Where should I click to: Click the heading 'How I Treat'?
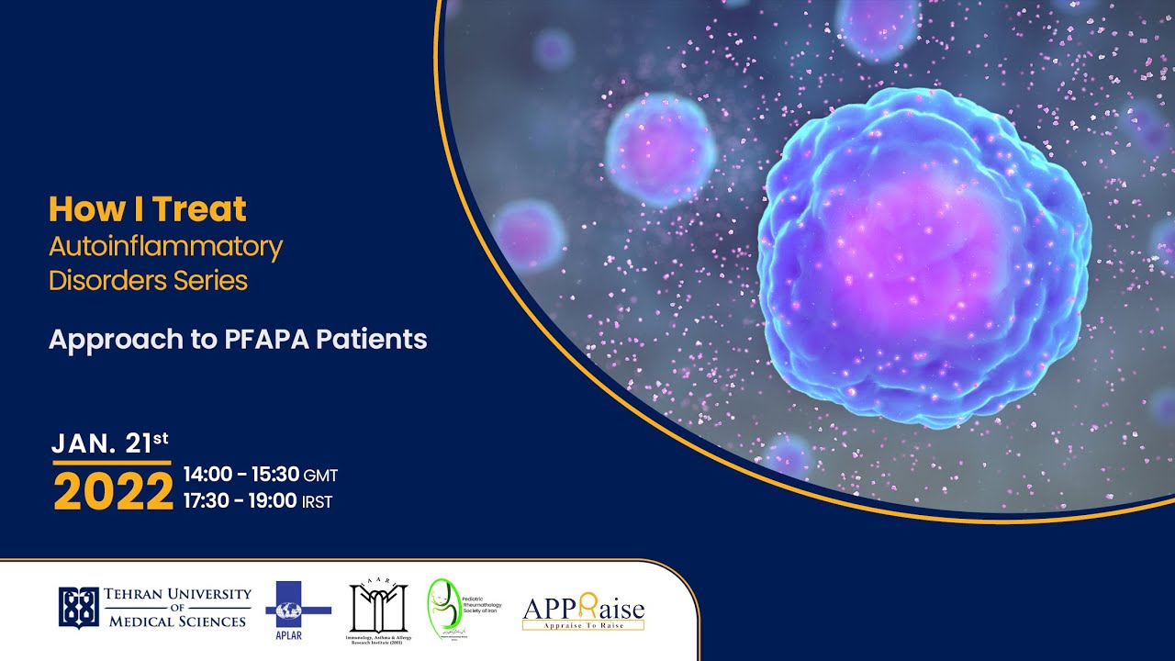[x=147, y=209]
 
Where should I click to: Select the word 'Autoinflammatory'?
[x=165, y=246]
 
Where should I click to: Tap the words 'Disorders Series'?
[x=148, y=280]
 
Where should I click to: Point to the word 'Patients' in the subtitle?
[x=372, y=339]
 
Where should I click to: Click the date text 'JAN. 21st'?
[x=110, y=443]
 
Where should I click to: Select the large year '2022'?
[x=113, y=493]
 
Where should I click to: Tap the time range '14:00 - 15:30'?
[x=241, y=475]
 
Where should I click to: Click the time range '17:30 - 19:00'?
[x=240, y=501]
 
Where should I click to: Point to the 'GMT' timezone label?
[x=321, y=476]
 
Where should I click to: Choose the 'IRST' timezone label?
[x=317, y=502]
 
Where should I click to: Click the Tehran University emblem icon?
[x=78, y=607]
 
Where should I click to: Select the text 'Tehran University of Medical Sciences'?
[x=177, y=608]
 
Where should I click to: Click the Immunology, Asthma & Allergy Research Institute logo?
[x=377, y=610]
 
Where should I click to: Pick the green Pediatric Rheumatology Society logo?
[x=441, y=608]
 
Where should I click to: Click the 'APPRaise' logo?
[x=583, y=609]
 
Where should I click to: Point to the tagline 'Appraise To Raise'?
[x=583, y=625]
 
